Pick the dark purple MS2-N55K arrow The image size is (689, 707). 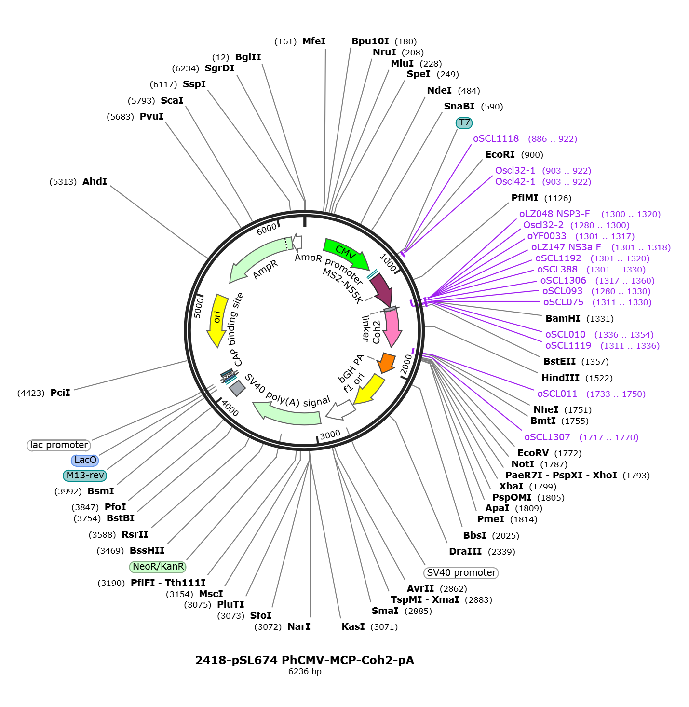(x=381, y=289)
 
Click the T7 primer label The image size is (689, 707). (x=464, y=123)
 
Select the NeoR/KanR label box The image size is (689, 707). (x=158, y=566)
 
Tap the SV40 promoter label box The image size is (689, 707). (x=460, y=573)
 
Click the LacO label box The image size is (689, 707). (x=85, y=460)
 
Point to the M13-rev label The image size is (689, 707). (x=85, y=475)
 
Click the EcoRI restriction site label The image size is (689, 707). (x=500, y=155)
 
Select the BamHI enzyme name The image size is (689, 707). (x=563, y=319)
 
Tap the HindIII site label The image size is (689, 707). (x=560, y=378)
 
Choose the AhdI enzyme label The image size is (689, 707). (x=95, y=181)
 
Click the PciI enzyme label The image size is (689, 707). (x=60, y=393)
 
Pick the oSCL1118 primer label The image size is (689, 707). (x=496, y=139)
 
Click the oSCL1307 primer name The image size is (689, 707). (x=547, y=437)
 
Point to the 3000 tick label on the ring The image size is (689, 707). (x=330, y=435)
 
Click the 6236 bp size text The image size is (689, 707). (x=305, y=671)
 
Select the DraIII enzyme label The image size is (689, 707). (x=465, y=552)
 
